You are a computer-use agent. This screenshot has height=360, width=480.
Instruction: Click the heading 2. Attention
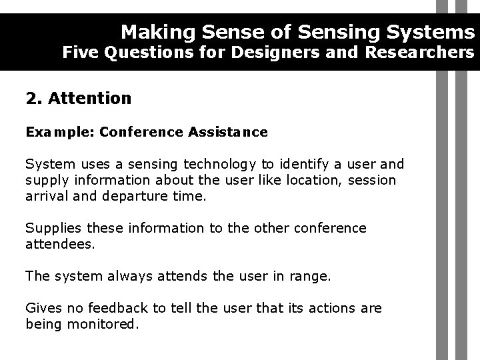(x=79, y=99)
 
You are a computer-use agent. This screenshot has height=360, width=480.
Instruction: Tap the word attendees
(x=59, y=245)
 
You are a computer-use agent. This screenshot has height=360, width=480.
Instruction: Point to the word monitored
(x=107, y=325)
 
